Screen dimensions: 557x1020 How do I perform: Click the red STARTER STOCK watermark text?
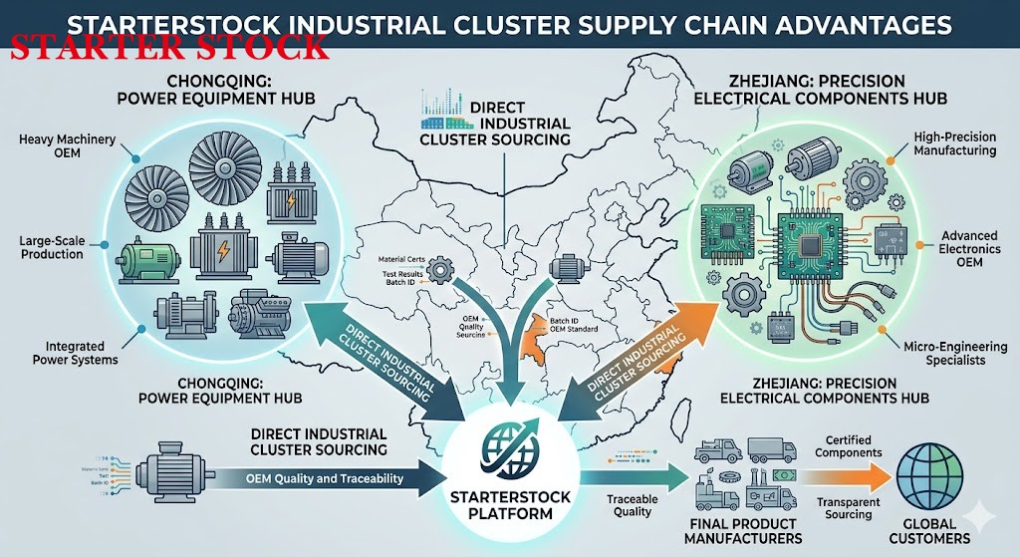coord(168,47)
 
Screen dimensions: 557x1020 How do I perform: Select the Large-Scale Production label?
coord(54,247)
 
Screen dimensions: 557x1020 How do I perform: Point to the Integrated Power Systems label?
coord(76,352)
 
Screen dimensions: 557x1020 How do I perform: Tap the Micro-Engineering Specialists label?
coord(960,352)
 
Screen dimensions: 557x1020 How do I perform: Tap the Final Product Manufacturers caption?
coord(743,530)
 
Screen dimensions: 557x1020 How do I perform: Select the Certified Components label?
coord(848,445)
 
